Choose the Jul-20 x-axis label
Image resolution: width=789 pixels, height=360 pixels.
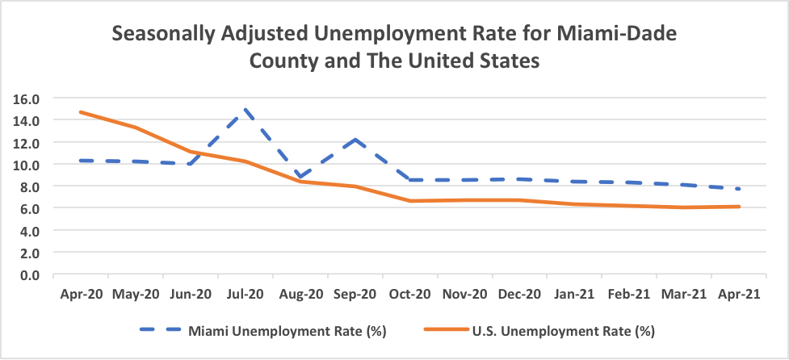click(245, 295)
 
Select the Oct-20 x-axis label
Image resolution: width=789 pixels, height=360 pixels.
click(409, 295)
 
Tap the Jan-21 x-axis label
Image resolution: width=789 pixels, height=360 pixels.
click(574, 295)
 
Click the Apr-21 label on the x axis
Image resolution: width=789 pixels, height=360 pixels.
click(740, 295)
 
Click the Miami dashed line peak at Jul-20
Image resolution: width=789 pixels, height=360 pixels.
click(245, 110)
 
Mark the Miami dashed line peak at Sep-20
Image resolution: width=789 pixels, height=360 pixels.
click(355, 140)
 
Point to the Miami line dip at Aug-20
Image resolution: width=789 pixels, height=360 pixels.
click(300, 177)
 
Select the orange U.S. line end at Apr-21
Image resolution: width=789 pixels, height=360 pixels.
click(740, 207)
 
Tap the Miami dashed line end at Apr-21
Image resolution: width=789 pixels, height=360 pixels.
click(740, 189)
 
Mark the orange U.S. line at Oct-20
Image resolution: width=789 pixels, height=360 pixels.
click(409, 201)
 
